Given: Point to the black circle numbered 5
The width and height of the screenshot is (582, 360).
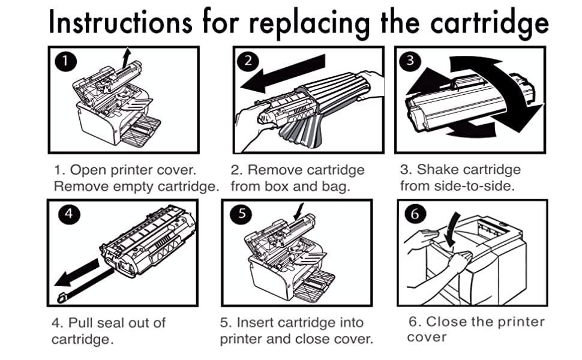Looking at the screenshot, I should click(x=240, y=215).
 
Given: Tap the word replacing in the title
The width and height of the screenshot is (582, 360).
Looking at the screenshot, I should click(x=310, y=24).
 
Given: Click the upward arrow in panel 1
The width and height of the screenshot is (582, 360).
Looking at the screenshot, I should click(x=125, y=59).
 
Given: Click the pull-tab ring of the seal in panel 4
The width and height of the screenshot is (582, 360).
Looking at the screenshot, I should click(x=61, y=296).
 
